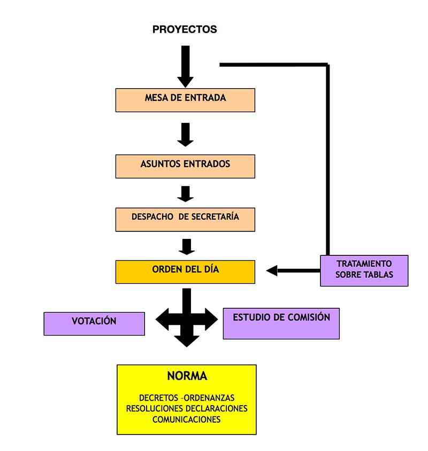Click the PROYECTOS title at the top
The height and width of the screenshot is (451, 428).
point(185,29)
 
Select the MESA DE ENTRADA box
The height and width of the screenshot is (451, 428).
point(185,100)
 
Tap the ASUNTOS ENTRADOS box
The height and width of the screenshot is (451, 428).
point(185,166)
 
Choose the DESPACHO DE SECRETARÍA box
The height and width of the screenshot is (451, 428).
point(185,219)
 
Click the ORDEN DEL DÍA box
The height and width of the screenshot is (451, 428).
point(185,271)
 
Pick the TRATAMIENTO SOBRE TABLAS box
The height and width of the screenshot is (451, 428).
point(364,270)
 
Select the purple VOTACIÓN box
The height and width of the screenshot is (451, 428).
point(94,323)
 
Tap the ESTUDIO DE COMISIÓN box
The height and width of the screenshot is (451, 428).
point(281,323)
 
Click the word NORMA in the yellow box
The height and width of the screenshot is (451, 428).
point(187,376)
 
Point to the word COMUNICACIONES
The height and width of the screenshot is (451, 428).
point(187,419)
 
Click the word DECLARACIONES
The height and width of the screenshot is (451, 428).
point(218,409)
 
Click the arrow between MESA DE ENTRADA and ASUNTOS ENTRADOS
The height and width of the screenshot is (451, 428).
point(185,135)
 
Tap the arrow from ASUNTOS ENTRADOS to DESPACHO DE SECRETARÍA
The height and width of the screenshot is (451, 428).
point(185,193)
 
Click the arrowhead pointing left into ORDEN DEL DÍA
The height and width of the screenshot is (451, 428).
point(272,270)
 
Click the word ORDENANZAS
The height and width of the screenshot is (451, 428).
point(209,398)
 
